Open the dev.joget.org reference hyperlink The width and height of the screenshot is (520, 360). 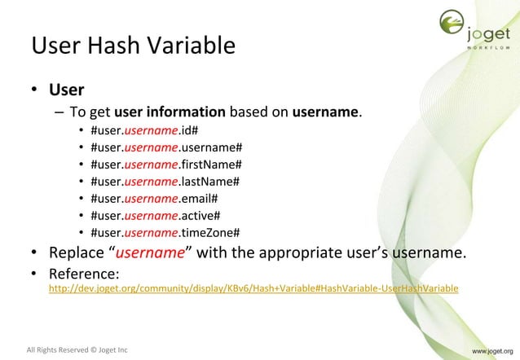[x=253, y=288]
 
